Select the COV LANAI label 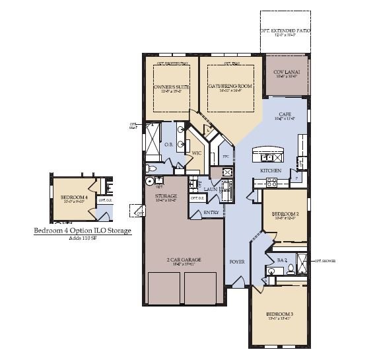(286, 73)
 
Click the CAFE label (285, 114)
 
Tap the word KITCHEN (271, 170)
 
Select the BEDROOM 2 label (285, 214)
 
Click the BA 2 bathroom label (281, 260)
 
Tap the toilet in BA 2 (271, 270)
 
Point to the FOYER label (237, 262)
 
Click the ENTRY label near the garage (211, 213)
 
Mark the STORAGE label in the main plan (165, 196)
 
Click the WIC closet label (196, 153)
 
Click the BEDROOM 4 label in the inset (74, 197)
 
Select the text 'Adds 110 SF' (82, 238)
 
